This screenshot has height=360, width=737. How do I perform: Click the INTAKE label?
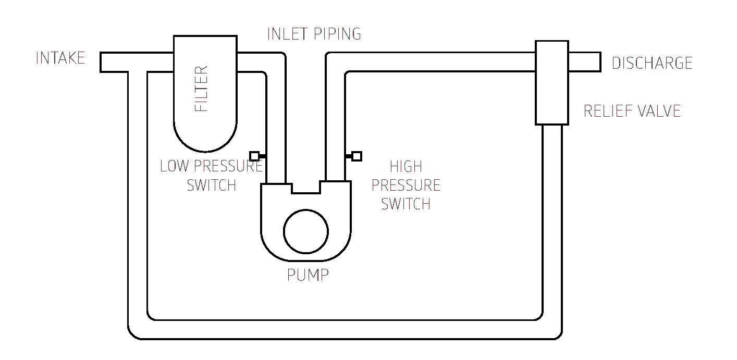pyautogui.click(x=60, y=58)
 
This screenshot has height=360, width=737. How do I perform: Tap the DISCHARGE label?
pyautogui.click(x=652, y=63)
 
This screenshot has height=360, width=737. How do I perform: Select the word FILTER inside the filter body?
pyautogui.click(x=201, y=89)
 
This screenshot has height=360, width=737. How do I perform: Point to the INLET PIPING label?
pyautogui.click(x=314, y=34)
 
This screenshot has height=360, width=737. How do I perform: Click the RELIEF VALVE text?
pyautogui.click(x=632, y=111)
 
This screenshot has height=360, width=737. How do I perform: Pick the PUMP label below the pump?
pyautogui.click(x=308, y=275)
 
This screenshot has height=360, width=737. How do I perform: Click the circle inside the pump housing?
pyautogui.click(x=306, y=231)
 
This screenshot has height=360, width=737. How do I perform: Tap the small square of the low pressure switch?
pyautogui.click(x=254, y=156)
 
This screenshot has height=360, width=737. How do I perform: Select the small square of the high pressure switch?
pyautogui.click(x=357, y=156)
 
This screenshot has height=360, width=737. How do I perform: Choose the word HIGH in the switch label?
pyautogui.click(x=406, y=167)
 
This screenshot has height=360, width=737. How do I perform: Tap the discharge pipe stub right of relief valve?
pyautogui.click(x=584, y=61)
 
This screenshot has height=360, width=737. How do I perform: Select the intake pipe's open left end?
pyautogui.click(x=102, y=62)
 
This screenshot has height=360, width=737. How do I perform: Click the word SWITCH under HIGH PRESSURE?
pyautogui.click(x=406, y=203)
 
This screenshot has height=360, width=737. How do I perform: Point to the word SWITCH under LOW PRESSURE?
pyautogui.click(x=212, y=185)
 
